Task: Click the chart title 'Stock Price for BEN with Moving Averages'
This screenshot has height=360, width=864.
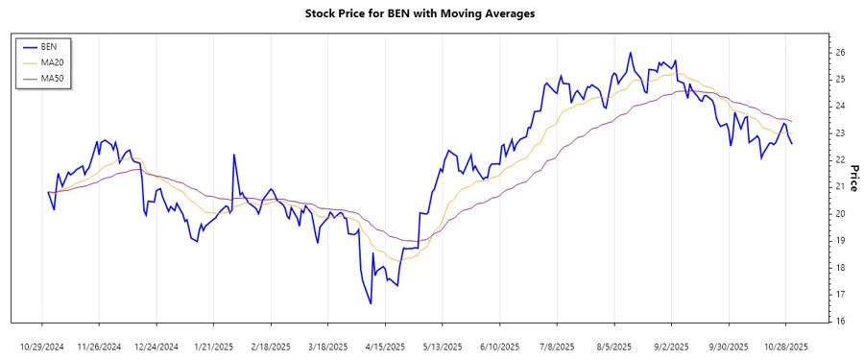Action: pyautogui.click(x=432, y=13)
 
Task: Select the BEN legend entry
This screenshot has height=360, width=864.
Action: pyautogui.click(x=50, y=46)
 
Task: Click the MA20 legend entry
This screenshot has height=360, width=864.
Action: pyautogui.click(x=52, y=62)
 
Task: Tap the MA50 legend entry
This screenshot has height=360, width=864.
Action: pyautogui.click(x=52, y=78)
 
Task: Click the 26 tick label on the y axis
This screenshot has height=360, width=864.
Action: pyautogui.click(x=838, y=52)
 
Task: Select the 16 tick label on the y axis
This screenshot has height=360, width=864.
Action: pyautogui.click(x=838, y=321)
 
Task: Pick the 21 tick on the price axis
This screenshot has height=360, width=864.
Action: pyautogui.click(x=838, y=186)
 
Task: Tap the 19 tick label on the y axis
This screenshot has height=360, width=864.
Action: pyautogui.click(x=838, y=240)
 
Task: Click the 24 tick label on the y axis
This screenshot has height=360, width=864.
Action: pyautogui.click(x=838, y=106)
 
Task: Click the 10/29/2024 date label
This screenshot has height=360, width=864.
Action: pyautogui.click(x=42, y=346)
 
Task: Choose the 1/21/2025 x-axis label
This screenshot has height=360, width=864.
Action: pyautogui.click(x=214, y=346)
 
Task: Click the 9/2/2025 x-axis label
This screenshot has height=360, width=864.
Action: pyautogui.click(x=672, y=346)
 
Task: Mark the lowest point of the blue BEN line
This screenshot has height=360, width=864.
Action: pyautogui.click(x=371, y=304)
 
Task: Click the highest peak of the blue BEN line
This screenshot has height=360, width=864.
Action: pyautogui.click(x=630, y=53)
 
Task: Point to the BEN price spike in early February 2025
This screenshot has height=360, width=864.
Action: pyautogui.click(x=233, y=155)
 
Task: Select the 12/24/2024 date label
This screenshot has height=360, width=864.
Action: pyautogui.click(x=156, y=346)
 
